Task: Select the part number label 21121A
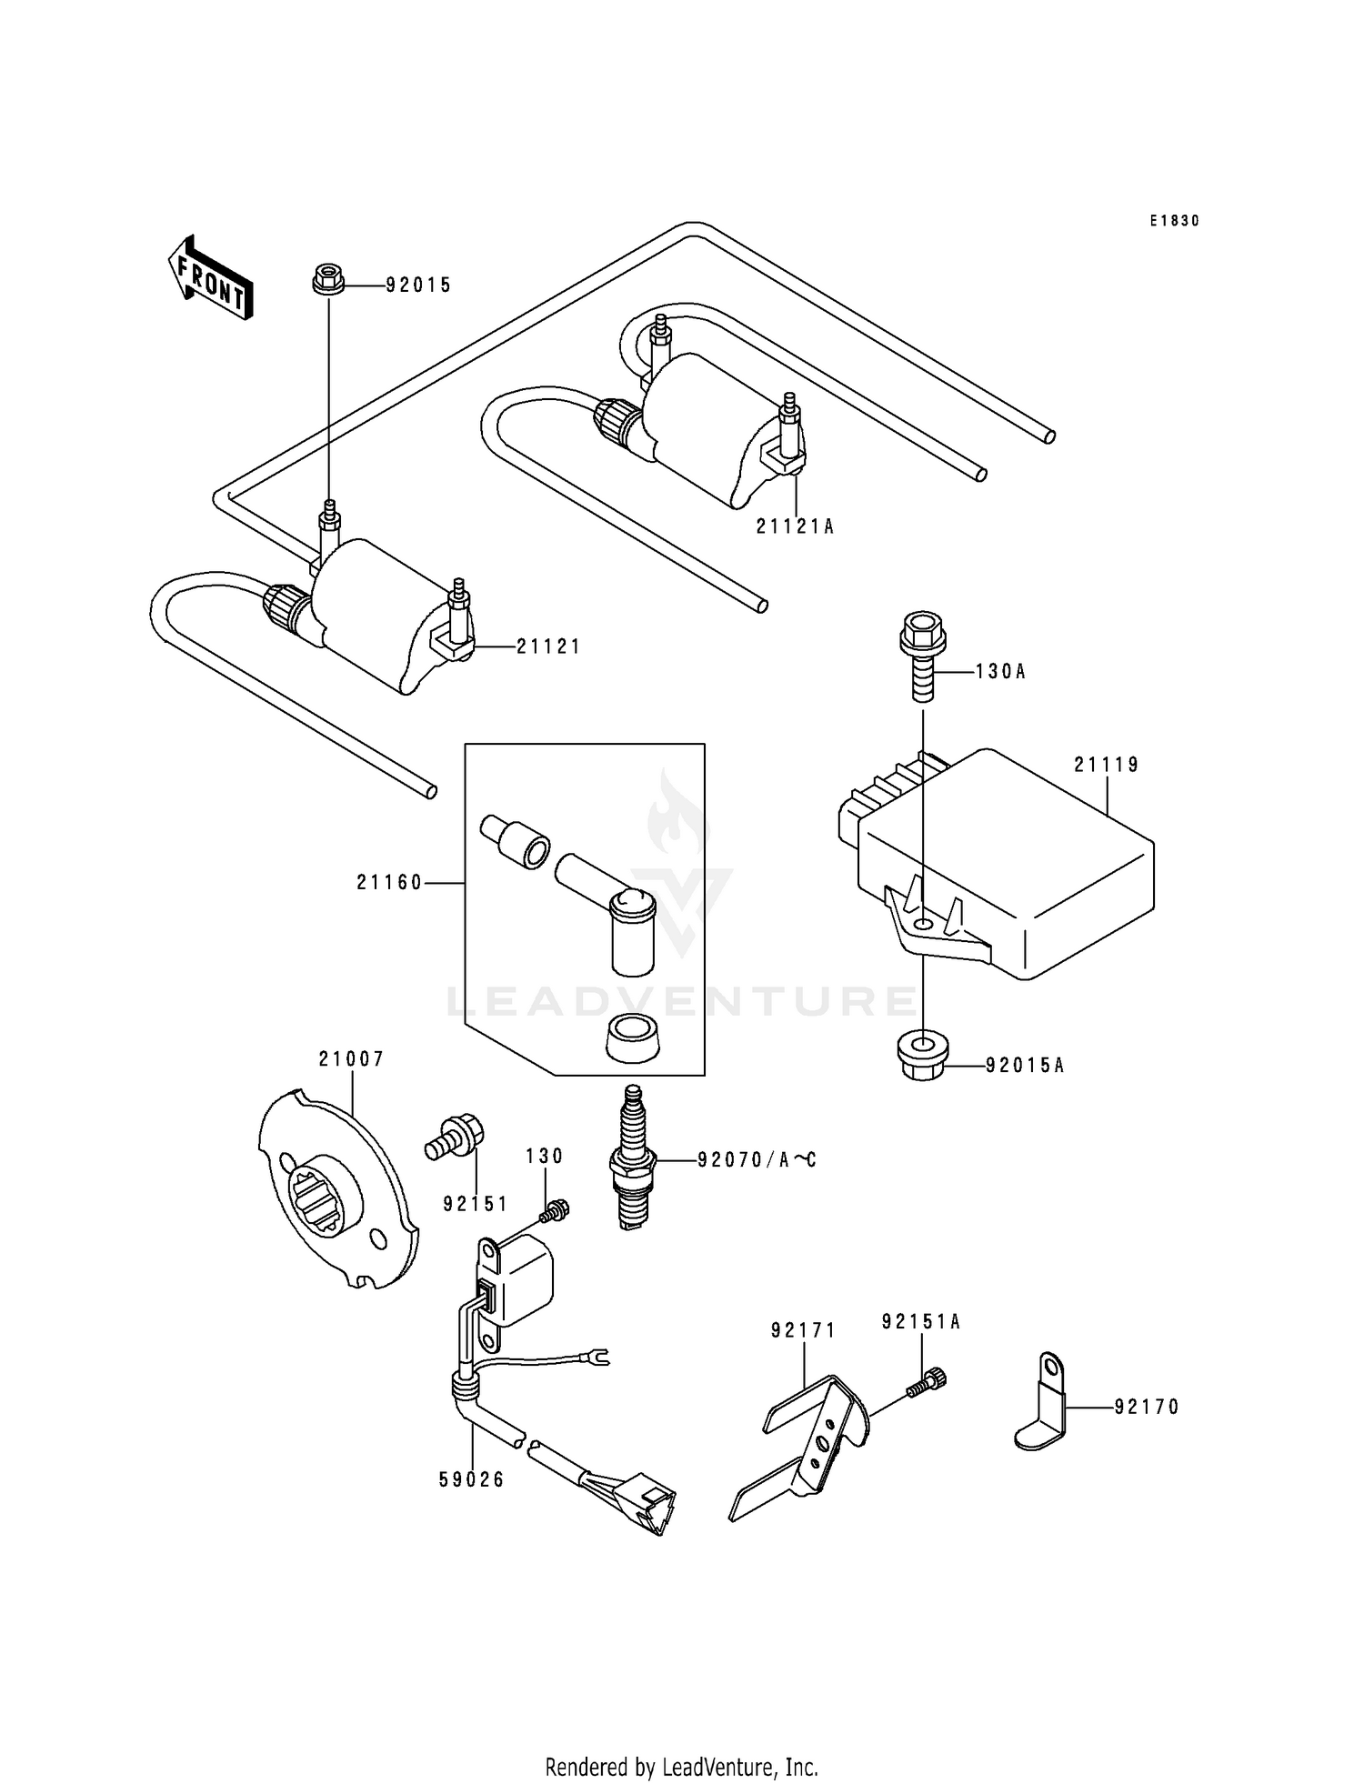795,526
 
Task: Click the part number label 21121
548,646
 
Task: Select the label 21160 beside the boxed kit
390,882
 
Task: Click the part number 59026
471,1479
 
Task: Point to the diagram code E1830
1174,221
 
